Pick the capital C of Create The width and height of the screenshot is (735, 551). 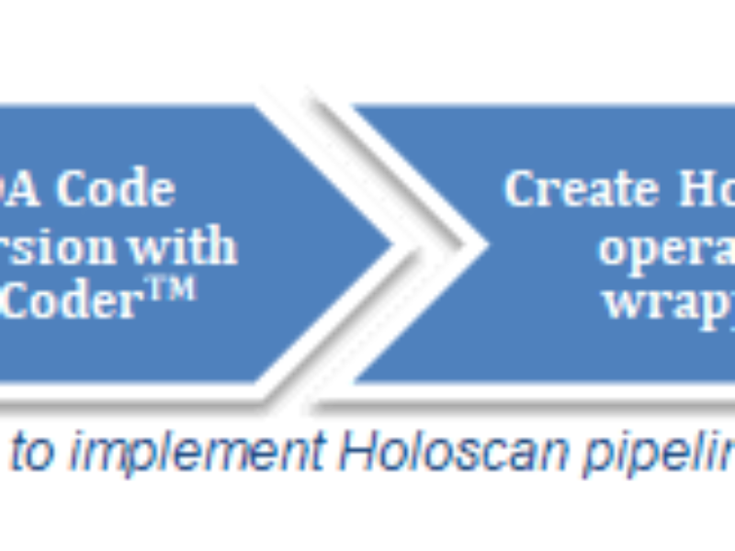click(519, 189)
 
